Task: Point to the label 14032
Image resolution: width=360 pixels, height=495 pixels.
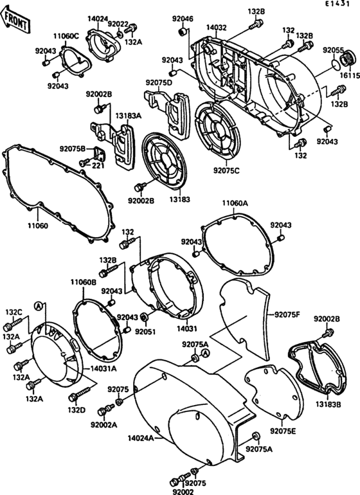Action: (x=217, y=28)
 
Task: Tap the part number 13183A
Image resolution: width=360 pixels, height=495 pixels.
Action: (x=128, y=116)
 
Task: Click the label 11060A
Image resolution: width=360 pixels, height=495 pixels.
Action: (x=235, y=203)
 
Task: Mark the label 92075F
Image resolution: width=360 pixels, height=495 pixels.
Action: (x=287, y=315)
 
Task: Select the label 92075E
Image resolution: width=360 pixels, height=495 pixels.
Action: (x=283, y=430)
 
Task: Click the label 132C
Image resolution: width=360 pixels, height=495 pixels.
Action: (x=14, y=312)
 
